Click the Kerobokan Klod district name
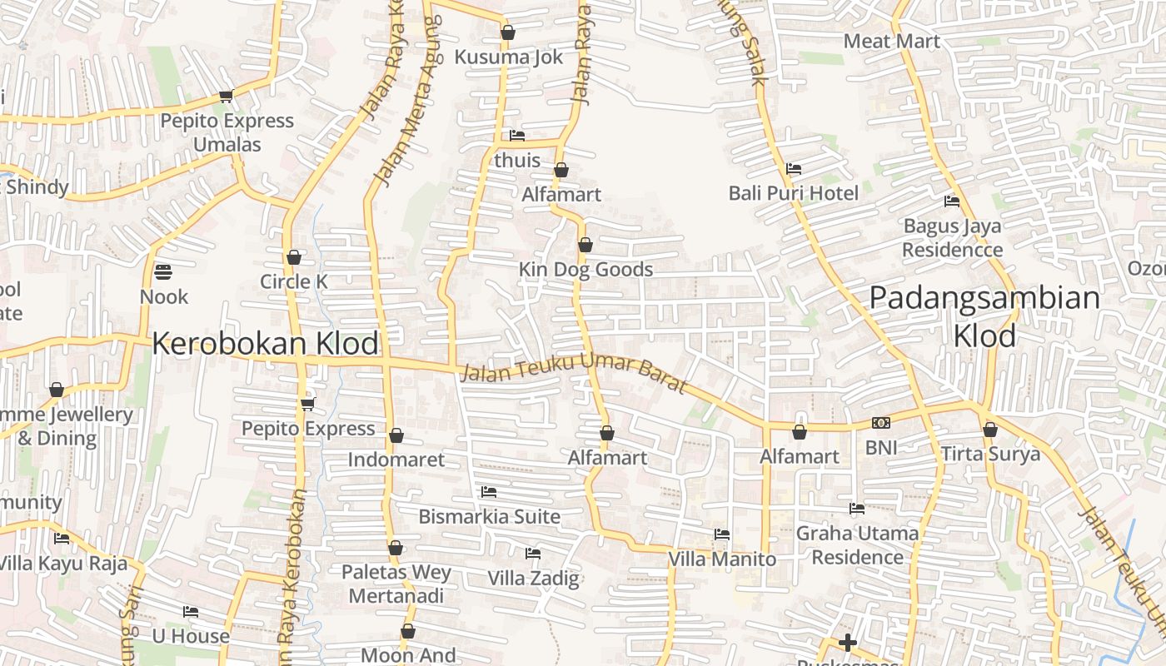tap(265, 343)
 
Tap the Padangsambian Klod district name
tap(984, 316)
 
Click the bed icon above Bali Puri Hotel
tap(794, 169)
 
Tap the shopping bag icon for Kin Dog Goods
tap(585, 246)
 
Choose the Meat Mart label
tap(891, 41)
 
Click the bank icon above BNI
tap(881, 424)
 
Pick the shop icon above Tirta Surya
tap(990, 430)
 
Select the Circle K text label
tap(294, 281)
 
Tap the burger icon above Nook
tap(163, 272)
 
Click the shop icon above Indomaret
tap(396, 435)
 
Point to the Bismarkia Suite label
tap(489, 516)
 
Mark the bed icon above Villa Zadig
tap(533, 554)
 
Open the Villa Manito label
tap(722, 559)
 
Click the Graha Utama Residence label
tap(857, 544)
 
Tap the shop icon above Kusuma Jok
tap(508, 33)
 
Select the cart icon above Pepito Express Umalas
tap(226, 97)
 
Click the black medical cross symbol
tap(847, 643)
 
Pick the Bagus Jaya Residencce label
tap(952, 237)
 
